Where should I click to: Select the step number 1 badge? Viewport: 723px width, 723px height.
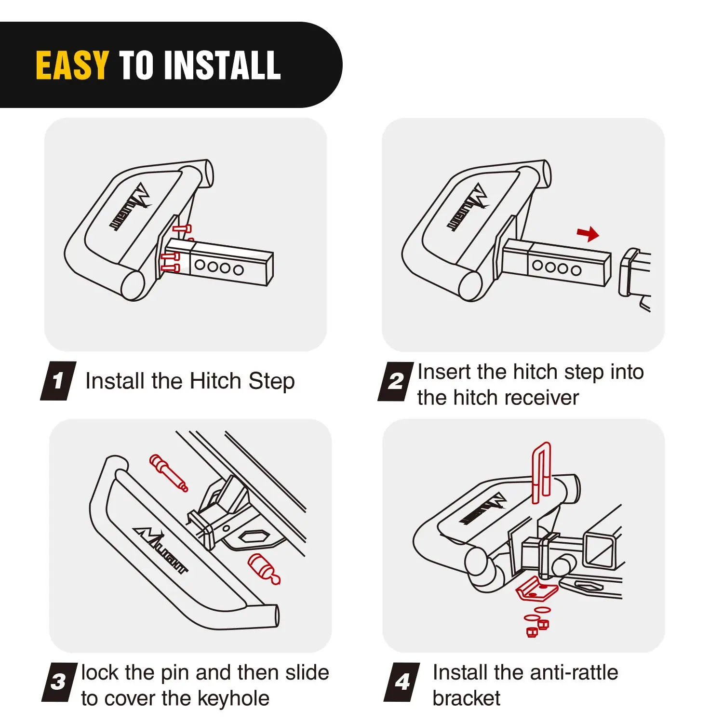(x=58, y=381)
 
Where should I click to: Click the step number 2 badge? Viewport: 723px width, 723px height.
(x=396, y=381)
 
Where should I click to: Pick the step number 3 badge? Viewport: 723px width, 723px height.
(x=59, y=682)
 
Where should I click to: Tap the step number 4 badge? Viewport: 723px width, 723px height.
(x=402, y=682)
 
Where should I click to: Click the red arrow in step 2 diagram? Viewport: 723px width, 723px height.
(x=588, y=234)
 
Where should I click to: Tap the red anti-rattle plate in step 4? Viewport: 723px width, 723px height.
(x=536, y=589)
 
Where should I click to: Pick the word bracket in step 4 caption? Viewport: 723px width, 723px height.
(x=467, y=698)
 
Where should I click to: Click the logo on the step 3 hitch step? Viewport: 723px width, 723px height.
(x=161, y=550)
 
